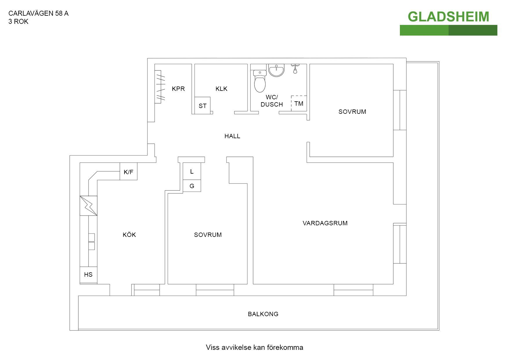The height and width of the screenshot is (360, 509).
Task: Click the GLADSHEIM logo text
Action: coord(448,17)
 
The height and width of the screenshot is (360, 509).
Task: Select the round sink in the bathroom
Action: coord(276,71)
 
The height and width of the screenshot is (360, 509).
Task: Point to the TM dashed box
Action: coord(299,103)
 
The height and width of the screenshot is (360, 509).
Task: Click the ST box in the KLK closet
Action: coord(203,106)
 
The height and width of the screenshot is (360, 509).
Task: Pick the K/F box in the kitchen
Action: coord(128,172)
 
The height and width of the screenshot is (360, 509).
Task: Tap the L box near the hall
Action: coord(192,172)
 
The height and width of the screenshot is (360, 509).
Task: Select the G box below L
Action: coord(192,186)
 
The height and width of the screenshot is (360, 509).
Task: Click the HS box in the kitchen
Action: coord(88,275)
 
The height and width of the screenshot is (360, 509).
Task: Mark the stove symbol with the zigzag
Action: coord(89,206)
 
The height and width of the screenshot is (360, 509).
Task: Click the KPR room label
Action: coord(178,89)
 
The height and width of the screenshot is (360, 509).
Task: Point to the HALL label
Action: coord(232,136)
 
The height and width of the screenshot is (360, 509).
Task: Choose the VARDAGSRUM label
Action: coord(325,223)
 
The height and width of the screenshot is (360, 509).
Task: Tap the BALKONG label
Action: coord(263,314)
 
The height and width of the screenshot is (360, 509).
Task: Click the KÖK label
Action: coord(129,235)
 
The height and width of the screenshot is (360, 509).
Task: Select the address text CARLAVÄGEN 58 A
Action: coord(38,13)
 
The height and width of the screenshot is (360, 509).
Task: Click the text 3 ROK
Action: coord(18,22)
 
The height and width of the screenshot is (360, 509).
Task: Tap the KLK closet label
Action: coord(221,89)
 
